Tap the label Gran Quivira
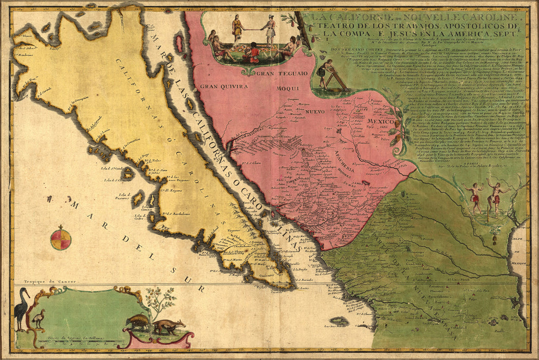pyautogui.click(x=224, y=86)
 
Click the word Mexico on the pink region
pyautogui.click(x=380, y=123)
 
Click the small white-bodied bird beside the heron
pyautogui.click(x=38, y=318)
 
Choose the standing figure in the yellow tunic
pyautogui.click(x=237, y=28)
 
